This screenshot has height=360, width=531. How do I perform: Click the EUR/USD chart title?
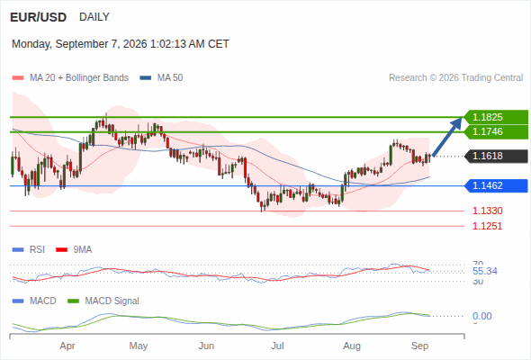point(39,17)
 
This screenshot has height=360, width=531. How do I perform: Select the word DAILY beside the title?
point(94,17)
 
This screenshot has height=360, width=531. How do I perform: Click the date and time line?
point(121,44)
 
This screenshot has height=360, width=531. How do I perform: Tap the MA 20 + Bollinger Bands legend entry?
point(70,78)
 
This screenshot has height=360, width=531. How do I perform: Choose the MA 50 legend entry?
point(161,78)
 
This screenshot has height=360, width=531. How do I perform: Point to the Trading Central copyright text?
point(455,78)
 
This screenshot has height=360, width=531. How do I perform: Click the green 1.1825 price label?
point(497,117)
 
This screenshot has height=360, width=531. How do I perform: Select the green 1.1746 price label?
point(497,131)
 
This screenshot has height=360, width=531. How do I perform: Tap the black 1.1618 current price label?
point(497,156)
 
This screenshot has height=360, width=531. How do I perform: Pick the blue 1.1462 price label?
point(497,185)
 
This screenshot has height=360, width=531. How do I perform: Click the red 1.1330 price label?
point(487,211)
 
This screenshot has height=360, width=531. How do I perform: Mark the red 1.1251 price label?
point(487,226)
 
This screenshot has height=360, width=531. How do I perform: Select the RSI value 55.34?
point(485,271)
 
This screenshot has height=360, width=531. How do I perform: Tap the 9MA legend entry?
point(74,250)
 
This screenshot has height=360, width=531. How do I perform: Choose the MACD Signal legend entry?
point(103,301)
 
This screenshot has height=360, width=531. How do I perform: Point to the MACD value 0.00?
point(481,316)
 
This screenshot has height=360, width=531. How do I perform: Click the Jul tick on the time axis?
point(277,346)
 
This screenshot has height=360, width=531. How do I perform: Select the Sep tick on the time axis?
point(419,346)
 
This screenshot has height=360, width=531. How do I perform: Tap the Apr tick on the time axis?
point(67,346)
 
